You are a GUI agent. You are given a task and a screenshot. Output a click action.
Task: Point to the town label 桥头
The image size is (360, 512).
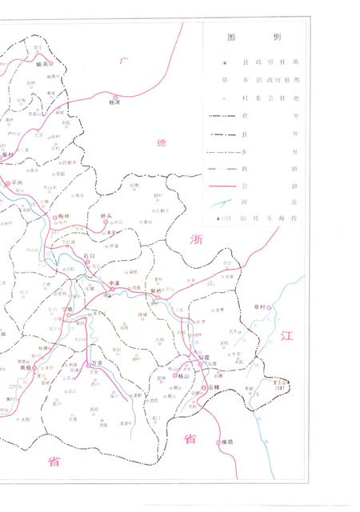[107, 216]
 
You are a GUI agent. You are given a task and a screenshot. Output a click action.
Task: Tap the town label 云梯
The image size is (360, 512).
[212, 386]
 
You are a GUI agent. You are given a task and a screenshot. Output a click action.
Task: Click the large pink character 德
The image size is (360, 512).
[162, 142]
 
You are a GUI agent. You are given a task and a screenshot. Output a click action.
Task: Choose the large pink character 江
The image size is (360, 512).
[288, 336]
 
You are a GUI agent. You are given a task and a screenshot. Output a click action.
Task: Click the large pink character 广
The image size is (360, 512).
[123, 61]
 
